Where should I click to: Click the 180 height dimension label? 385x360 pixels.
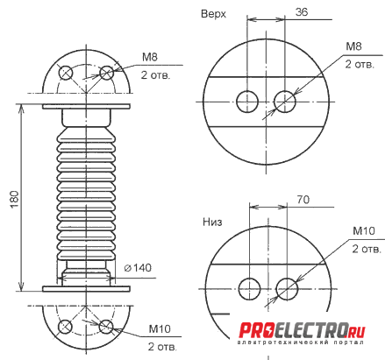[15, 199]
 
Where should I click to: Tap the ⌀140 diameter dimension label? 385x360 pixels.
[138, 268]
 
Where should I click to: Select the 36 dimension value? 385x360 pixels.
[302, 12]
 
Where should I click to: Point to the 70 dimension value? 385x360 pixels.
[303, 200]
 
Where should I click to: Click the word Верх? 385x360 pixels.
[213, 14]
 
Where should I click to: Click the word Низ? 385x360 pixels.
[212, 222]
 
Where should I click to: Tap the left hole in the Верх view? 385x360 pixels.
[247, 102]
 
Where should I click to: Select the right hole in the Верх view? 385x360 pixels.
[285, 102]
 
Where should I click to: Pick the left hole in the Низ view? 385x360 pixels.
[249, 289]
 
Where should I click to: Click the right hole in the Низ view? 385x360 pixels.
[287, 289]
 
